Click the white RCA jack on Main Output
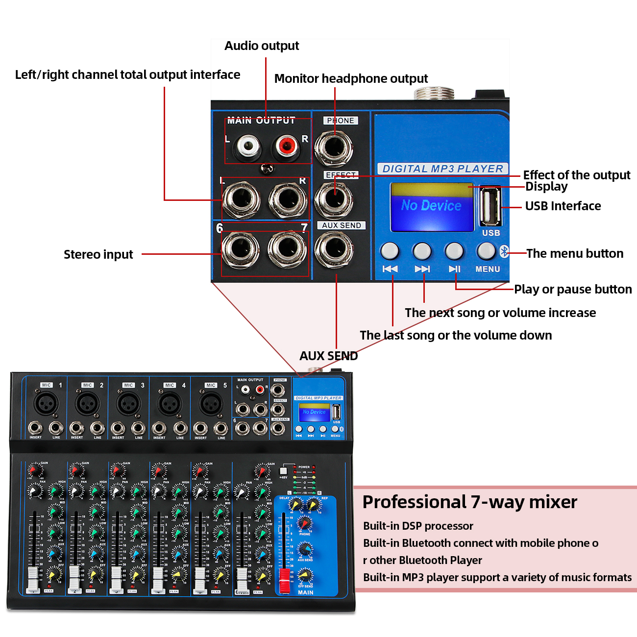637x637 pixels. (247, 146)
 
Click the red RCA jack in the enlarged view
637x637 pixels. (286, 145)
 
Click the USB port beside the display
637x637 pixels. (490, 206)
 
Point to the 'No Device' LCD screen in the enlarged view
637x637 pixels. (432, 206)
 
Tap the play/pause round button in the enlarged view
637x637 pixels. (454, 251)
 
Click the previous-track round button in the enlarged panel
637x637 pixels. (390, 251)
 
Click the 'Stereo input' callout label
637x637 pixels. (98, 254)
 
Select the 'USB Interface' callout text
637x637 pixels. (563, 206)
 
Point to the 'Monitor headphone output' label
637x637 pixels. (351, 78)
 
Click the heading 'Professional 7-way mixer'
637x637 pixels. (469, 502)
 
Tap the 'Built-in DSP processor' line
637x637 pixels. (418, 526)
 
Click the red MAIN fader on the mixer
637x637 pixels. (284, 581)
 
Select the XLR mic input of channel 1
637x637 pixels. (46, 404)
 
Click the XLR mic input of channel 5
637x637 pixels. (211, 404)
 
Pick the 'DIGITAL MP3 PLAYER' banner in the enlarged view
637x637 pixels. (442, 169)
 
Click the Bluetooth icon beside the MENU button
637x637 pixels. (504, 251)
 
